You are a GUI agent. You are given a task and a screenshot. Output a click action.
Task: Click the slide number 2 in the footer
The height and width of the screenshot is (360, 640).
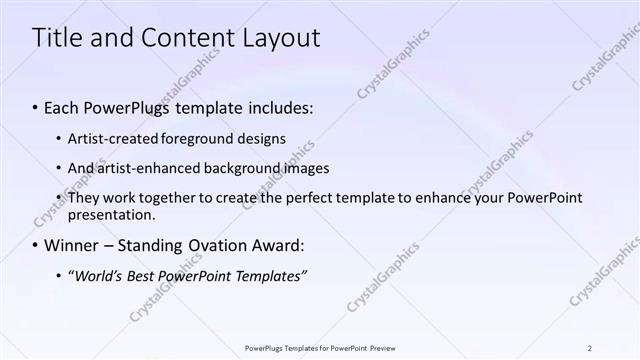590,347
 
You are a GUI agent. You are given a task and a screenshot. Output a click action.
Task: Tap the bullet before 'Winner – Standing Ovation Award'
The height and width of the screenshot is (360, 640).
36,245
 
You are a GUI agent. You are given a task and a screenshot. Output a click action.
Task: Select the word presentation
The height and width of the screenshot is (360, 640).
111,214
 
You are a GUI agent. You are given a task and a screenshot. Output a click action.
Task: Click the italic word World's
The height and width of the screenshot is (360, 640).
98,275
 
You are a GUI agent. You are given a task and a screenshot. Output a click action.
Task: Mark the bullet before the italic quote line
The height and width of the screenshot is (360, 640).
57,275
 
